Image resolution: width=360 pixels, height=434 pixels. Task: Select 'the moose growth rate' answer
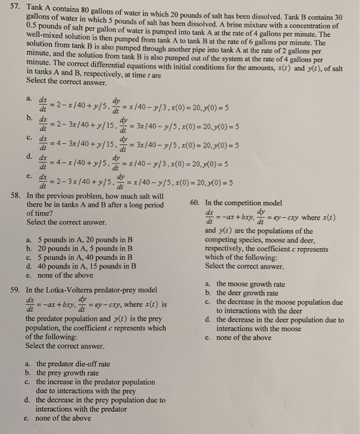251,285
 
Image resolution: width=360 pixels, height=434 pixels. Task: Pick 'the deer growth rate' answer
248,293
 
